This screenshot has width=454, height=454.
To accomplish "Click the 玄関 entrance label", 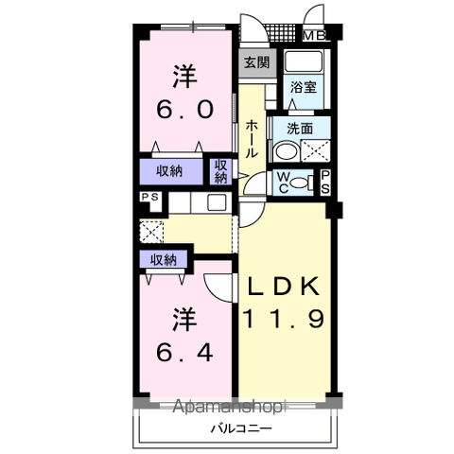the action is (257, 62).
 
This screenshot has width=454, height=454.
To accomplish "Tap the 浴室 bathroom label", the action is (304, 87).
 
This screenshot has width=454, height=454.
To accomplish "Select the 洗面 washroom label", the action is (300, 129).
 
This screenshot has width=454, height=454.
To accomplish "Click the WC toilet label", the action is (283, 183).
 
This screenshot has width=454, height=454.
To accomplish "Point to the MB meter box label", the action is (314, 36).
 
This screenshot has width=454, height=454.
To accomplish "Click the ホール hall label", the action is (252, 139).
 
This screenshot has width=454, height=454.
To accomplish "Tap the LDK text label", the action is (283, 286).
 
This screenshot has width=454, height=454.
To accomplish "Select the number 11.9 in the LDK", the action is (283, 319).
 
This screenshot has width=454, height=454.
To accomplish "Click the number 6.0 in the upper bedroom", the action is (185, 109).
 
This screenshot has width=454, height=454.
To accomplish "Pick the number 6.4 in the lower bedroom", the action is (185, 353).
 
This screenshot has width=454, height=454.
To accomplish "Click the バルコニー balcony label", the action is (241, 428).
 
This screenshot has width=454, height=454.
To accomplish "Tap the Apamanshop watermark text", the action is (228, 407).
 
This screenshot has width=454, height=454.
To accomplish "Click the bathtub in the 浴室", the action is (304, 61).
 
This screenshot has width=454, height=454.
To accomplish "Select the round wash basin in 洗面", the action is (287, 151).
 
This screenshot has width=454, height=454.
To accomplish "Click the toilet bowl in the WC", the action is (299, 183).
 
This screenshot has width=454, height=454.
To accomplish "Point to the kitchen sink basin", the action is (217, 202).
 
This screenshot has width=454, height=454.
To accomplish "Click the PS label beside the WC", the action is (325, 183).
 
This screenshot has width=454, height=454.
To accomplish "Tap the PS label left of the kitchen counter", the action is (150, 197).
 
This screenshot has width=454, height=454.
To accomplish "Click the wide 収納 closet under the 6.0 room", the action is (171, 171).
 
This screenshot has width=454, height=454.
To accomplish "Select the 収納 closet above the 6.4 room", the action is (164, 259).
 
